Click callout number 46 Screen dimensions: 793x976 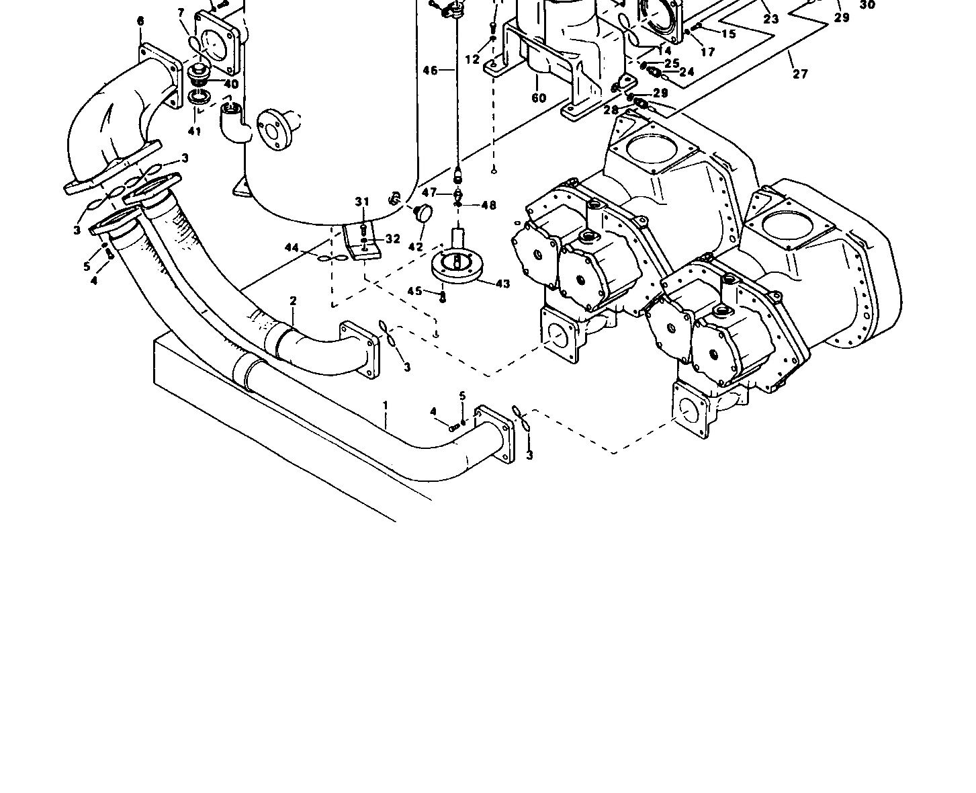tap(430, 70)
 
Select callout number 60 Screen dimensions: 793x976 tap(539, 99)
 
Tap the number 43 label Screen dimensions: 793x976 tap(502, 284)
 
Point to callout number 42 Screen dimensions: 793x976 tap(416, 247)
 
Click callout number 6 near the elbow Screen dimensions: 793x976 tap(140, 21)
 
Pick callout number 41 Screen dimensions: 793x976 tap(194, 131)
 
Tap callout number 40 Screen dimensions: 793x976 tap(230, 84)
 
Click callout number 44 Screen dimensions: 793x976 tap(292, 248)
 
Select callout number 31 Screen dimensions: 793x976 tap(362, 202)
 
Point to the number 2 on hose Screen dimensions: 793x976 tap(293, 301)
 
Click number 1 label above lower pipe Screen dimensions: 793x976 tap(386, 405)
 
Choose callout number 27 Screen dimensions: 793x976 tap(800, 74)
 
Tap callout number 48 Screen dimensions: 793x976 tap(488, 205)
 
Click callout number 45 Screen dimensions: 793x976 tap(415, 291)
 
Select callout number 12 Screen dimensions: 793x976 tap(472, 59)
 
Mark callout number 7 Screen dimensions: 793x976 tap(181, 13)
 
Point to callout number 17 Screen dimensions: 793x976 tap(707, 52)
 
